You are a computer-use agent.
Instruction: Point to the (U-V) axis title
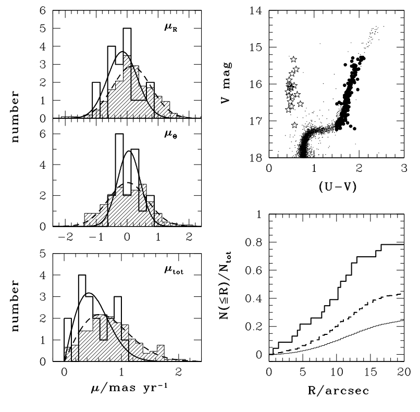336,186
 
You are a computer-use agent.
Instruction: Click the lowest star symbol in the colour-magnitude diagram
294,125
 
